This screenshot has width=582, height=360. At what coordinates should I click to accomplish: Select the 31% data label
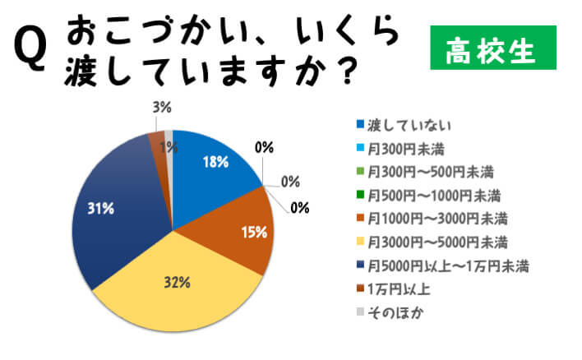100,209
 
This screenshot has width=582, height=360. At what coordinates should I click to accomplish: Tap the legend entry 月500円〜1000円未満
434,196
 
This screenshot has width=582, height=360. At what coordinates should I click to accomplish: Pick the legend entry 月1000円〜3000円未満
437,219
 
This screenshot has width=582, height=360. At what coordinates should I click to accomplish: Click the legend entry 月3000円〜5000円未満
437,242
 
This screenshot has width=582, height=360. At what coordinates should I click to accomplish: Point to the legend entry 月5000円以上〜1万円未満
448,265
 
